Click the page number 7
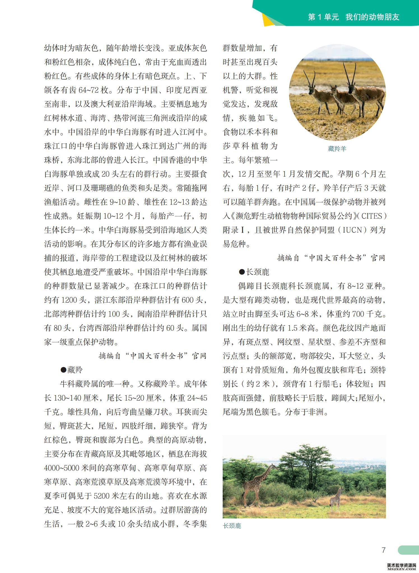(x=383, y=550)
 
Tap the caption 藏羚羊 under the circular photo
(x=337, y=149)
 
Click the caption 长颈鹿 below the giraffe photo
(x=232, y=526)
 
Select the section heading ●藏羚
(x=72, y=370)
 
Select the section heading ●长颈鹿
(x=254, y=272)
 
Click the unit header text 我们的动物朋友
(x=372, y=17)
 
